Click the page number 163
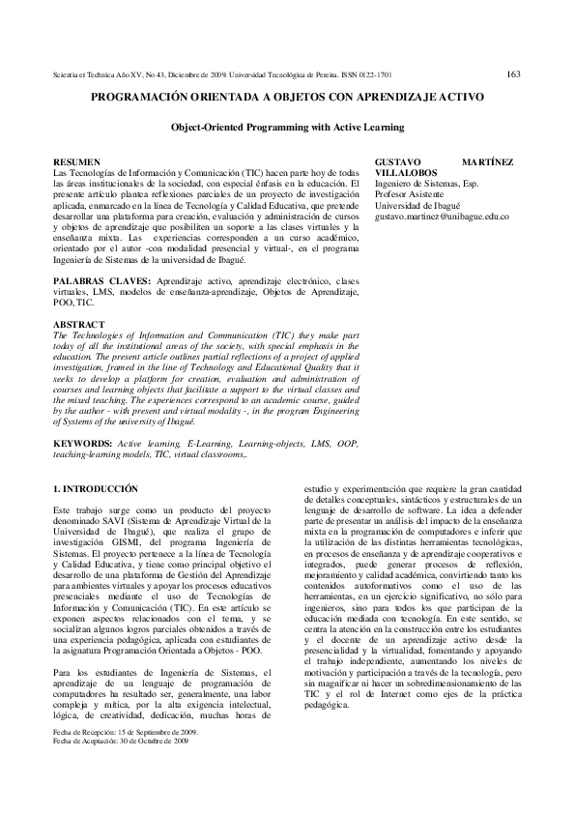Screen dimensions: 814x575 (513, 73)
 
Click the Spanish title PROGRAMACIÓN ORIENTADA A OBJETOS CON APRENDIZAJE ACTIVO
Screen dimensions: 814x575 (287, 98)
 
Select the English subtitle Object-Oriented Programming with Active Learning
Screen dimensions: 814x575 (287, 127)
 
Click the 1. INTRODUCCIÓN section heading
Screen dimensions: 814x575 (97, 489)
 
